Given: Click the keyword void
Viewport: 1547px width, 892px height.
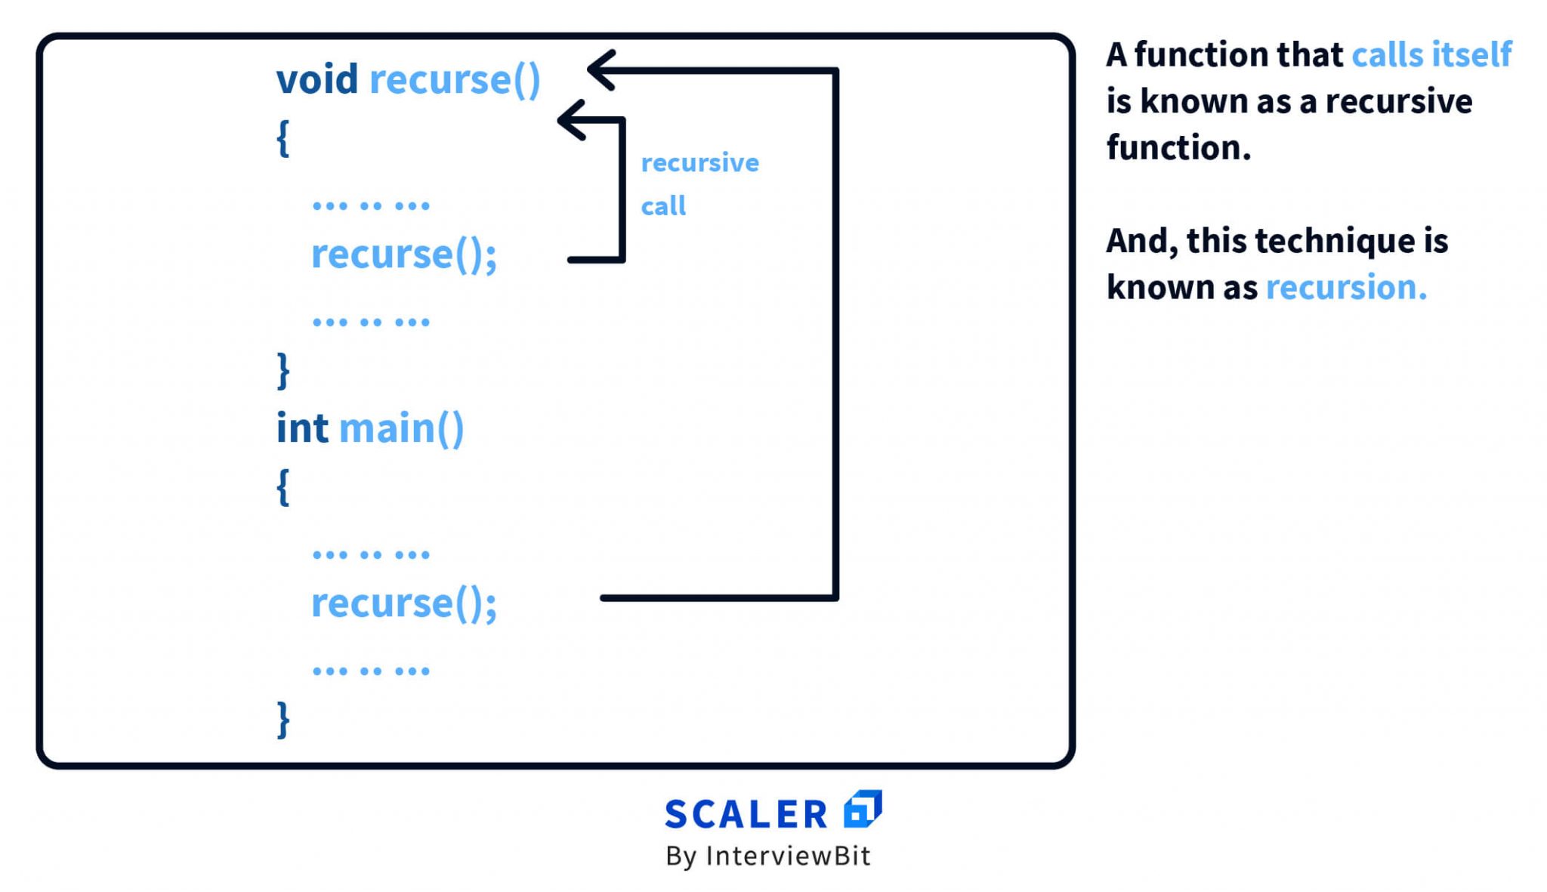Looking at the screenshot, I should pos(317,79).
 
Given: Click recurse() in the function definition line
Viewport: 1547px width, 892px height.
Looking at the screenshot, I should pos(455,79).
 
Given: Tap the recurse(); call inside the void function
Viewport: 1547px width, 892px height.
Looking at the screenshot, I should pos(404,254).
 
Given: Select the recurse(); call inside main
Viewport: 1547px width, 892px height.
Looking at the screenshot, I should pos(404,603).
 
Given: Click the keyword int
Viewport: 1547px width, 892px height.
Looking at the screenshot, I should pos(302,428).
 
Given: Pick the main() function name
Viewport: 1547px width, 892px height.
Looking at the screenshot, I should pos(401,428).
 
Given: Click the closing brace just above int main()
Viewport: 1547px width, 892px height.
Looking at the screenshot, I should pos(283,370).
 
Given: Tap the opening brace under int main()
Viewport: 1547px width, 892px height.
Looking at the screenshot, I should pos(283,486).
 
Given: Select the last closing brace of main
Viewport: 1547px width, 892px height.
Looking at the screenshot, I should pos(283,719).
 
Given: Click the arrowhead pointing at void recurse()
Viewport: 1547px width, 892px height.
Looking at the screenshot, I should pos(602,70).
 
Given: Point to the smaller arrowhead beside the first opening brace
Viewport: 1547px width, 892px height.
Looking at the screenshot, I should pos(573,119).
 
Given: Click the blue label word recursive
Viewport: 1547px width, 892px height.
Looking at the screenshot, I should pos(699,162).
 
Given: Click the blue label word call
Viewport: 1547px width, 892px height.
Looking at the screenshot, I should pos(663,205).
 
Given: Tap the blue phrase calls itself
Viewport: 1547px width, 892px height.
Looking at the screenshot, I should pos(1431,54).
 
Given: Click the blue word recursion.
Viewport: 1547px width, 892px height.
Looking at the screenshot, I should pos(1345,287).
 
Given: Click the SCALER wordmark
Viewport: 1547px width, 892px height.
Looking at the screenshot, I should pos(746,814).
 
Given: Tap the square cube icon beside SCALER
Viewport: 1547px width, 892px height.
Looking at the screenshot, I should pos(863,809).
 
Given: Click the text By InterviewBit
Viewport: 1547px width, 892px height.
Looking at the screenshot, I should pos(767,856).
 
